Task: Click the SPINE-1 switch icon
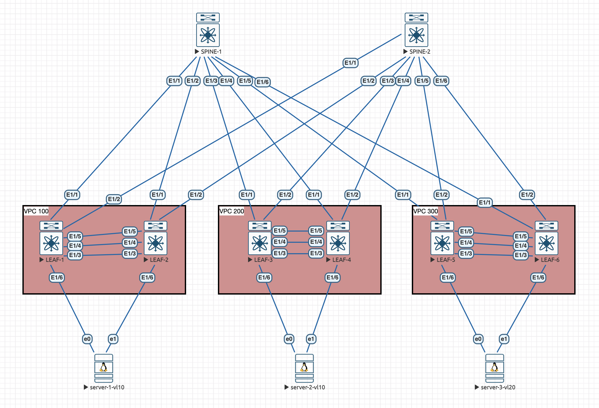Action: pos(208,30)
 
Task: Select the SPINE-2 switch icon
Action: pos(416,30)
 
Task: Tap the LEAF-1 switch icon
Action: pos(51,238)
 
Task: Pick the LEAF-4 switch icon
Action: pos(338,238)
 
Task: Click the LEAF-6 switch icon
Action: pos(546,238)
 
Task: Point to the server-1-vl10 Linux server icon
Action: pos(103,368)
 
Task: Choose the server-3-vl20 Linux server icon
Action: pos(494,368)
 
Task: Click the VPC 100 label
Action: pos(36,211)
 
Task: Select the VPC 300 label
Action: pos(425,211)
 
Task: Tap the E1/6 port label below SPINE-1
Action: pos(262,82)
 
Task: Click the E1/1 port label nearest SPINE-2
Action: pos(350,63)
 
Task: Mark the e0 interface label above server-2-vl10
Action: pos(289,339)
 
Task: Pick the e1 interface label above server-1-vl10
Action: pos(113,339)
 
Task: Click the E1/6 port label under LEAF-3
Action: pos(264,277)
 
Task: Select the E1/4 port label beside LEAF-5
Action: pos(466,243)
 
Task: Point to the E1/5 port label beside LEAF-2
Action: pos(130,231)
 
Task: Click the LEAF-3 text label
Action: pos(263,260)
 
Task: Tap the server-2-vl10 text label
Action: pos(308,387)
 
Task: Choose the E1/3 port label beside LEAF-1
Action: pos(75,255)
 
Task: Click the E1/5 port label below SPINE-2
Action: pos(422,81)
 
